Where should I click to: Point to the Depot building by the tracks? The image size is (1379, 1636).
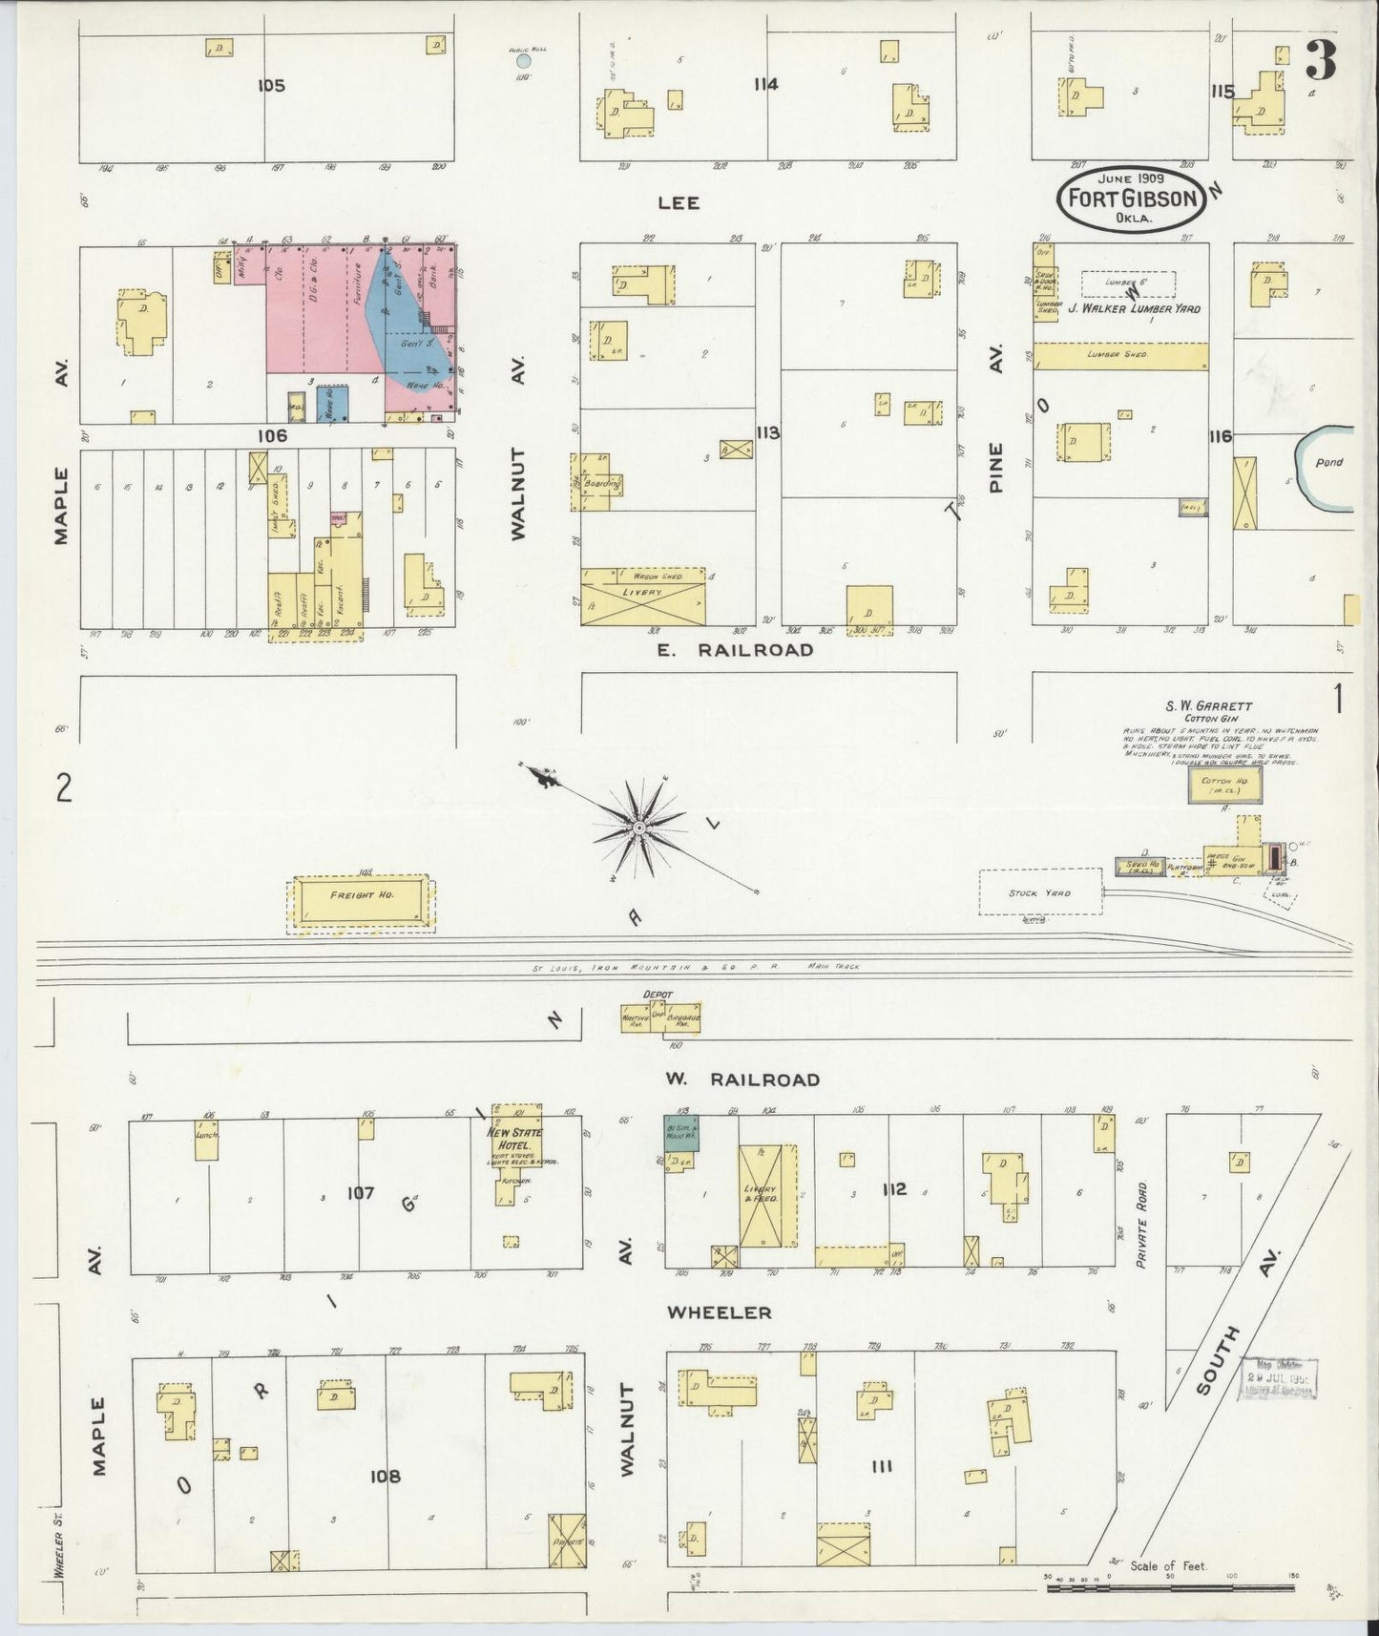(660, 1017)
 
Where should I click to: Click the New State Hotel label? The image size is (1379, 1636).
(514, 1138)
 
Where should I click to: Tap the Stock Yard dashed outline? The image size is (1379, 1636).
(1040, 893)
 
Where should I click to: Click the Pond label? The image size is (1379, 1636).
(1328, 462)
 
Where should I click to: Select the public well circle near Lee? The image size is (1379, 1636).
(523, 61)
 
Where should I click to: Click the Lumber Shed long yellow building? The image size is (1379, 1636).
(1120, 355)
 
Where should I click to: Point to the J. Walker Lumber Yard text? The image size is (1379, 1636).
(1134, 308)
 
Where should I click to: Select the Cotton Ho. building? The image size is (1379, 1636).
(1224, 785)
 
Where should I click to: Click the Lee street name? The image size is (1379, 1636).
(678, 202)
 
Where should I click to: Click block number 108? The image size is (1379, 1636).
(385, 1477)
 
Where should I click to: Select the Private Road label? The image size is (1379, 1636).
(1140, 1226)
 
